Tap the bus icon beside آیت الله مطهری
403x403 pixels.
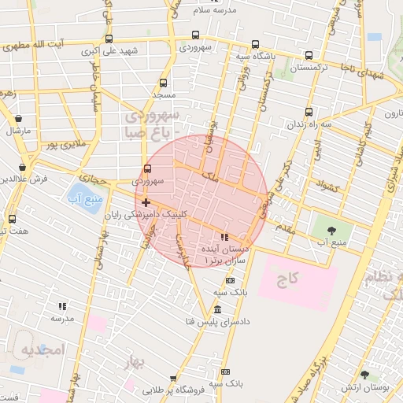click(x=108, y=38)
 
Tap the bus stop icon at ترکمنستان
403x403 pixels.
click(x=309, y=56)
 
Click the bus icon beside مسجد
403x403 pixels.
click(x=163, y=83)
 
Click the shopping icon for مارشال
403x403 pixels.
click(x=18, y=118)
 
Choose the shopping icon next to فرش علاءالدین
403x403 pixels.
click(x=24, y=167)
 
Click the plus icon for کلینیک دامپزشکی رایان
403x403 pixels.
click(x=146, y=202)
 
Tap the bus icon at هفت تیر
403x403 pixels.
click(x=12, y=219)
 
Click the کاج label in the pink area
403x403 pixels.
click(x=287, y=281)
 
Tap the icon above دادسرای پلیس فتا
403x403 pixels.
click(x=217, y=310)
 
